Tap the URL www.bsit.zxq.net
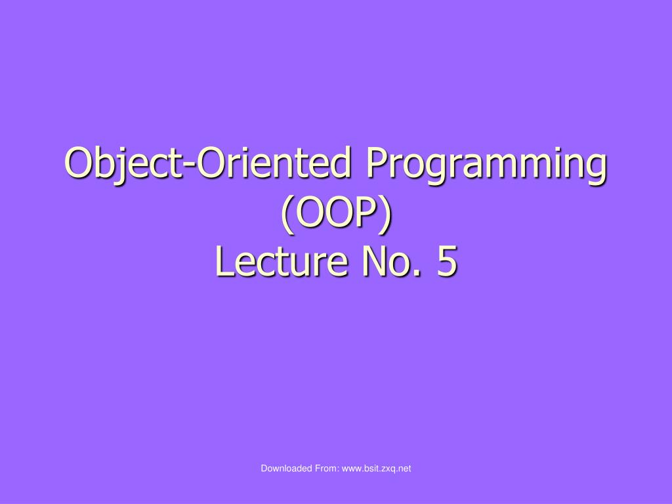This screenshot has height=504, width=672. tap(377, 468)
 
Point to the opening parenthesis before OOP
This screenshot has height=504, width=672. tap(286, 214)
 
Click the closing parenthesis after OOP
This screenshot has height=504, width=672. tap(386, 214)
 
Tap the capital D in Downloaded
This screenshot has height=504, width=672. tap(264, 468)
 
